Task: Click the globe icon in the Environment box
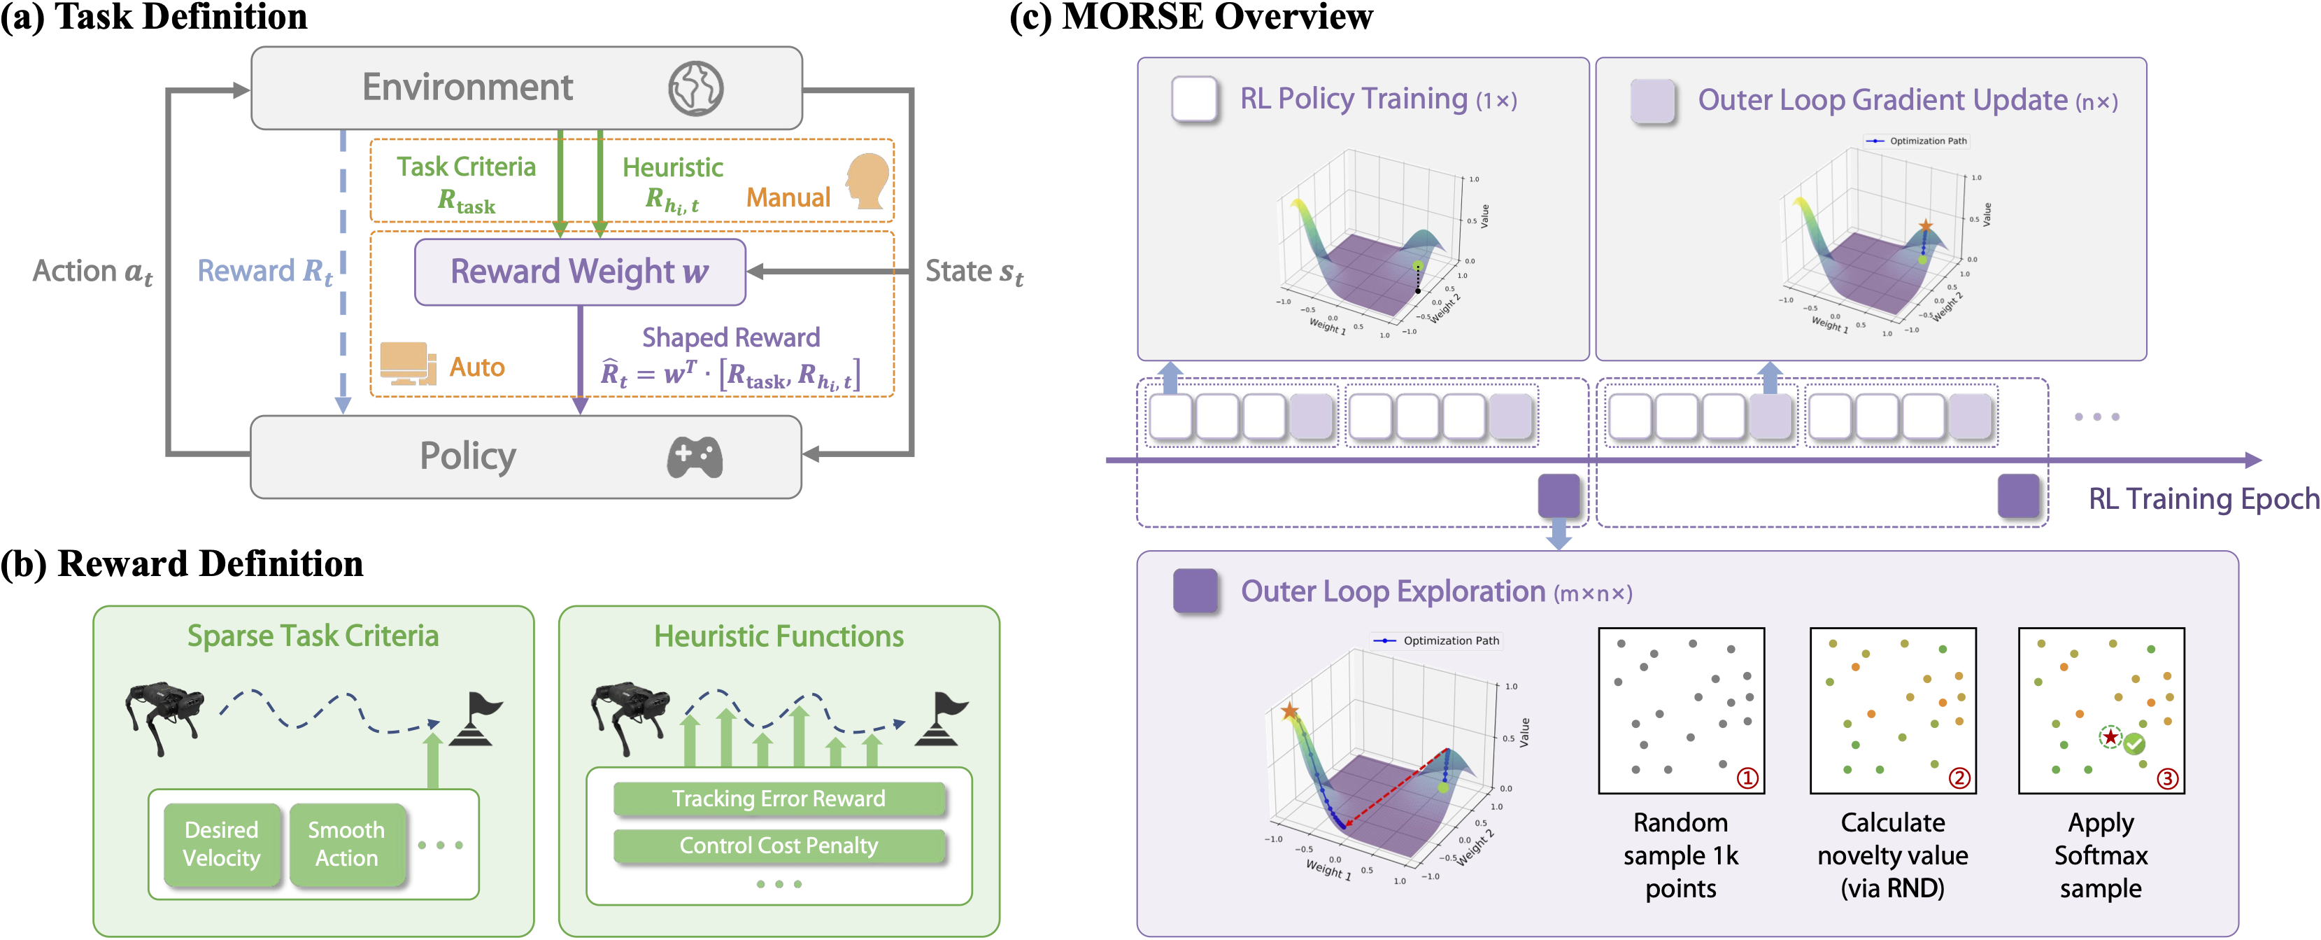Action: [695, 88]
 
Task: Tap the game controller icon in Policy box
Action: [694, 457]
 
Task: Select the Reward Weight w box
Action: [579, 272]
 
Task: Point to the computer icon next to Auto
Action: [407, 363]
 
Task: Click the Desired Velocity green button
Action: [222, 843]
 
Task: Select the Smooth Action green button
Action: [346, 843]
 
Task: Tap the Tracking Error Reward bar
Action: [779, 799]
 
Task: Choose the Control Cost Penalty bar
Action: [779, 846]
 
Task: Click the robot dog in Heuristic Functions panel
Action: [631, 712]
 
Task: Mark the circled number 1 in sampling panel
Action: [1746, 777]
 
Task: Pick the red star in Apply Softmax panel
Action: [2110, 736]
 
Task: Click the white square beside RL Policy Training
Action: [1195, 99]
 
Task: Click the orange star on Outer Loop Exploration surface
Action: [1289, 711]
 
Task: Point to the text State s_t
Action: [974, 272]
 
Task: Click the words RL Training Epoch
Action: [2202, 498]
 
